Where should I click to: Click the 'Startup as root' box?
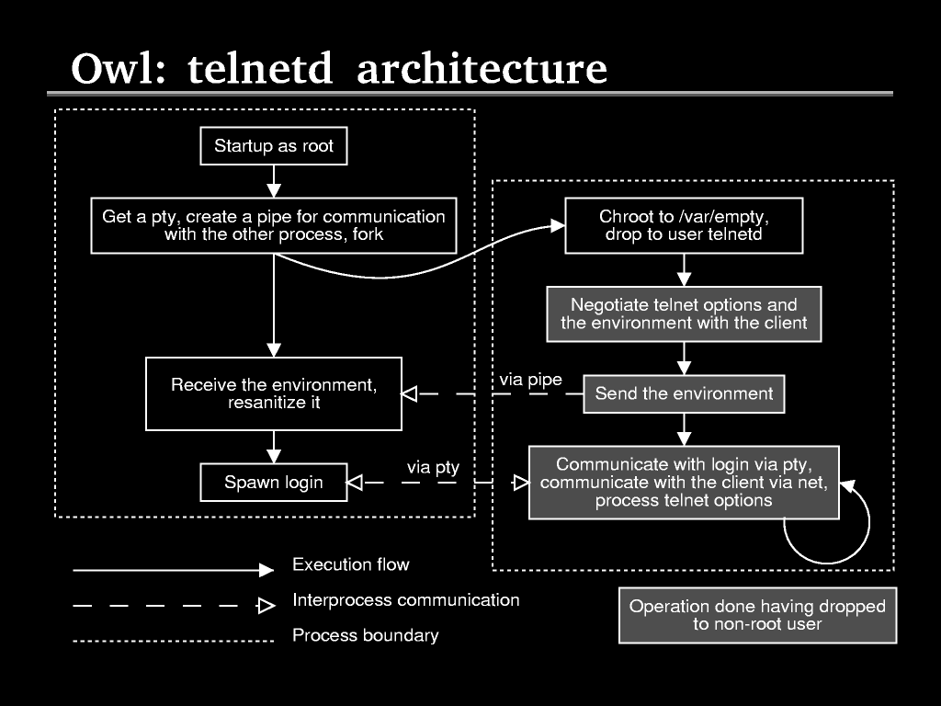[x=274, y=146]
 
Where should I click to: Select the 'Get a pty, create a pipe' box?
[x=274, y=225]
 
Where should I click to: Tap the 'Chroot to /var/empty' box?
[x=684, y=225]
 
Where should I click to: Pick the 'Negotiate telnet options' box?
[x=684, y=313]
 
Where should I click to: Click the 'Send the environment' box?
[x=684, y=393]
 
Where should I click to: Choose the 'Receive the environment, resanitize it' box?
[x=274, y=393]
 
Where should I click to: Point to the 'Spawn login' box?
[x=274, y=483]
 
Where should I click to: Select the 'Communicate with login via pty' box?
[x=684, y=482]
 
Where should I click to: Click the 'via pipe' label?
[x=530, y=379]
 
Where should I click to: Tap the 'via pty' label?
[x=433, y=468]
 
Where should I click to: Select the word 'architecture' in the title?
[x=482, y=70]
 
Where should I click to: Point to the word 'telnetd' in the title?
[x=260, y=70]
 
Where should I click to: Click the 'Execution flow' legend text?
[x=350, y=564]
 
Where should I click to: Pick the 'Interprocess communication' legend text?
[x=405, y=600]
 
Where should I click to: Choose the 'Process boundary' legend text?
[x=365, y=635]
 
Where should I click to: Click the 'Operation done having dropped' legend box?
[x=757, y=615]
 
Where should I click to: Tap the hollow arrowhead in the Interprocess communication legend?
[x=266, y=606]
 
